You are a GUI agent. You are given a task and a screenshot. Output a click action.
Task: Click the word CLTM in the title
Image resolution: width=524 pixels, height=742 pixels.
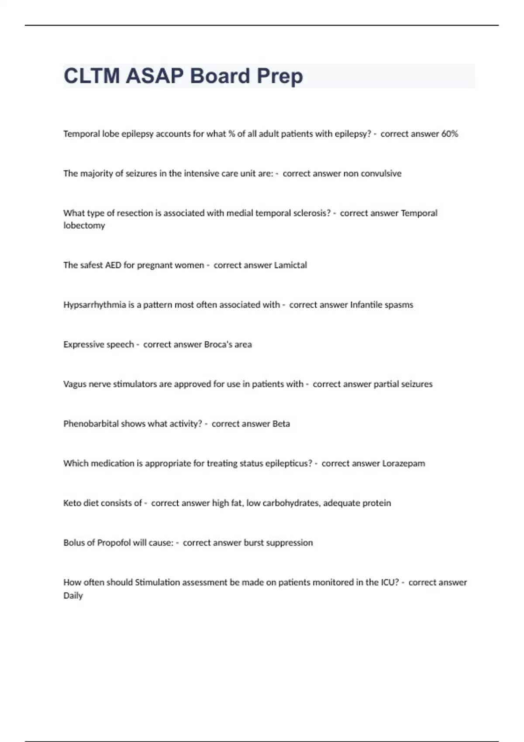[x=92, y=76]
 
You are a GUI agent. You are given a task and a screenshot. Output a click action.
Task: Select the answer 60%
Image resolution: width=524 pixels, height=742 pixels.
[x=449, y=134]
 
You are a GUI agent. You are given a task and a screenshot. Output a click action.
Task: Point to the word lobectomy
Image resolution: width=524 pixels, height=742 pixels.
[x=84, y=226]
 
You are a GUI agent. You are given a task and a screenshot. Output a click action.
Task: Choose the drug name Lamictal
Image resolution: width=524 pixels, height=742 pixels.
[x=290, y=265]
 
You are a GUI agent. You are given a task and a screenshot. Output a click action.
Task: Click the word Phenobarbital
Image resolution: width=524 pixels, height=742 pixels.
[x=91, y=424]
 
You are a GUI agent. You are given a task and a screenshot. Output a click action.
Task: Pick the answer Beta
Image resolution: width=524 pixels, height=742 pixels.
[x=281, y=424]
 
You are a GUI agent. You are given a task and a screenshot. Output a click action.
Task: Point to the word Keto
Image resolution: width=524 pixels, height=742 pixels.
[x=72, y=503]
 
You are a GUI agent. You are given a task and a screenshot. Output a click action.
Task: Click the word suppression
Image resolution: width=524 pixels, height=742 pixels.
[x=289, y=543]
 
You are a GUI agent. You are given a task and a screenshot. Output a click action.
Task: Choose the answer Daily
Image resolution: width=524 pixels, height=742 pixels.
[x=73, y=596]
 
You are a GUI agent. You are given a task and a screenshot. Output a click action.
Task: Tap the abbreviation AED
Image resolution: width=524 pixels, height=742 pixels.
[x=113, y=265]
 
